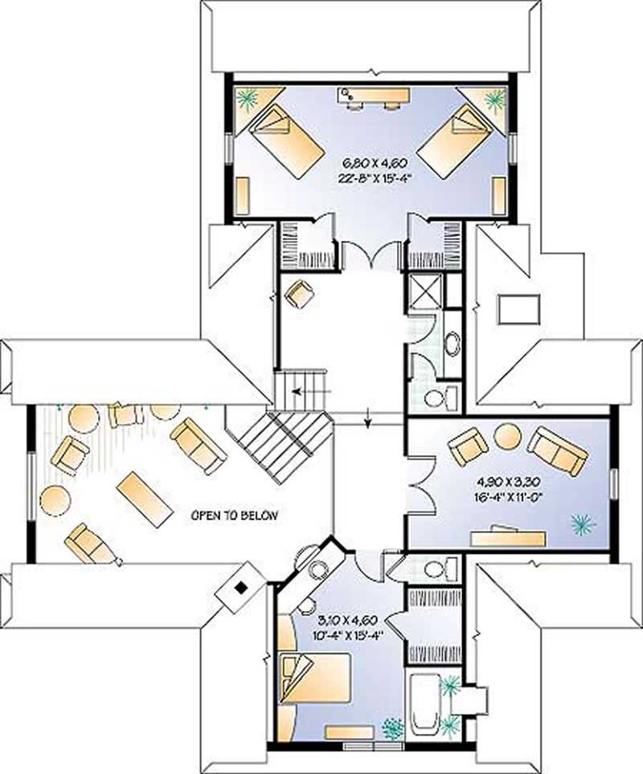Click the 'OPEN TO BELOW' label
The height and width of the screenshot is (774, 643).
[x=234, y=515]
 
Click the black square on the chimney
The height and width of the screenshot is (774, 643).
[x=240, y=588]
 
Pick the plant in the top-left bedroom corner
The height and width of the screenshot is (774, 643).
[x=246, y=100]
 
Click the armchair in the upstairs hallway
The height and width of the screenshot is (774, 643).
[x=300, y=294]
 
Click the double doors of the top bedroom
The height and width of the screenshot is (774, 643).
[x=371, y=255]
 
